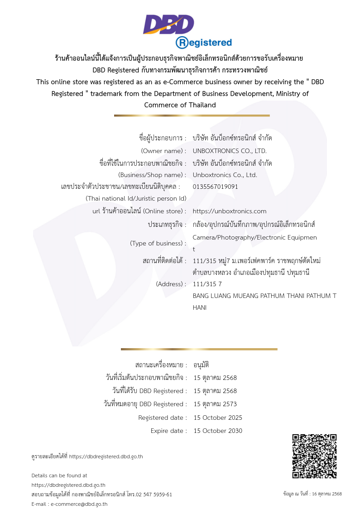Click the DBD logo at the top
click(x=168, y=24)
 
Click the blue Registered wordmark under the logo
click(x=204, y=43)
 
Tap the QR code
click(x=314, y=456)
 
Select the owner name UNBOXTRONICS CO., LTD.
click(x=230, y=151)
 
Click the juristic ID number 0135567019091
click(x=215, y=186)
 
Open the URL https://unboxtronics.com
click(x=230, y=211)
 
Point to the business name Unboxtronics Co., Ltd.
click(x=225, y=175)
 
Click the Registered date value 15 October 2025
click(x=218, y=418)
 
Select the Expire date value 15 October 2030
click(x=218, y=431)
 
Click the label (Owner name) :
click(x=163, y=151)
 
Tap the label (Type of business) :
click(x=158, y=243)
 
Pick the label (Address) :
click(x=171, y=284)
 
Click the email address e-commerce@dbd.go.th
click(x=79, y=504)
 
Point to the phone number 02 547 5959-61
click(x=152, y=494)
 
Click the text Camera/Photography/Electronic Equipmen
click(x=254, y=237)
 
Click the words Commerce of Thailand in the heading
click(x=180, y=105)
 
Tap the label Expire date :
click(x=168, y=431)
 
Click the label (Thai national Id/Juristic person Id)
click(x=136, y=198)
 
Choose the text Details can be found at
click(x=59, y=475)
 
